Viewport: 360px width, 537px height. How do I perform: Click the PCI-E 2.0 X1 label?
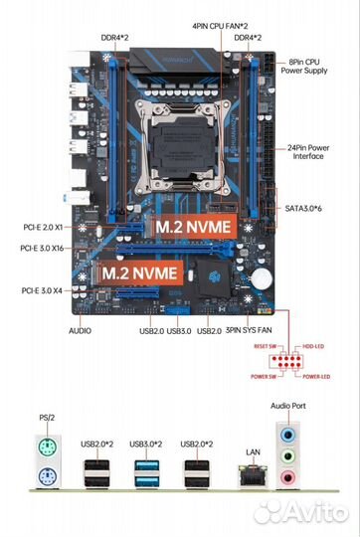tap(43, 227)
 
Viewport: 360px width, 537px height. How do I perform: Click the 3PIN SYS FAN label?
tap(250, 329)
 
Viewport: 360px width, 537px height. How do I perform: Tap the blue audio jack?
tap(288, 435)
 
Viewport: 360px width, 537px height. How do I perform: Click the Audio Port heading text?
tap(289, 407)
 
